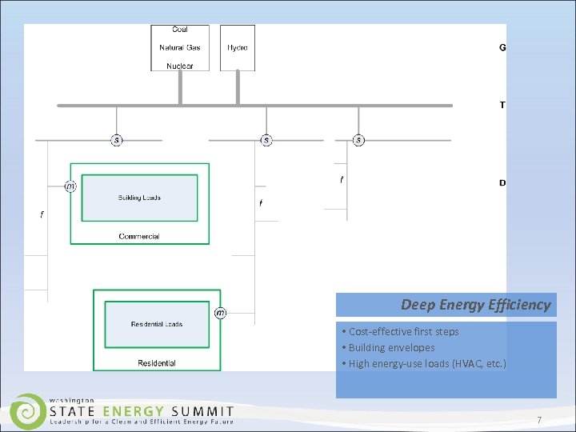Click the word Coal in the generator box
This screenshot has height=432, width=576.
point(180,30)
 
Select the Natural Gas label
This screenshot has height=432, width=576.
point(180,48)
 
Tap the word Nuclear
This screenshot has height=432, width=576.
point(180,66)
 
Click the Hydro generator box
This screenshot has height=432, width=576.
point(238,48)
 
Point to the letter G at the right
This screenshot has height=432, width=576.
point(502,48)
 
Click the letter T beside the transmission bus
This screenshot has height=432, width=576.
point(502,106)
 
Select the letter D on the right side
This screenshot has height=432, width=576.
point(502,183)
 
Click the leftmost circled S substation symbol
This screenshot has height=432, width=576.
point(117,141)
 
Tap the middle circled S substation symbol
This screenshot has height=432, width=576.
point(266,141)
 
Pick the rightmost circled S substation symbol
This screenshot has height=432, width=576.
point(358,141)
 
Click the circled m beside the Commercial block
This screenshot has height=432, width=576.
point(70,186)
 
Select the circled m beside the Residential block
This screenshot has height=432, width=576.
point(220,313)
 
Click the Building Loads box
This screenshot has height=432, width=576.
point(139,198)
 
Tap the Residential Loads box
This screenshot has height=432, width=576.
point(157,324)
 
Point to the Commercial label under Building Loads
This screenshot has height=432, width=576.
point(139,236)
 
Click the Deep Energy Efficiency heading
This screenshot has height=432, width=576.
point(475,305)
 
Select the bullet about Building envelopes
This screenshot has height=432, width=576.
point(390,348)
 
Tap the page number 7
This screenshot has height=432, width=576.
point(539,420)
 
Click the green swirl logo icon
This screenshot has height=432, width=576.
point(27,411)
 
